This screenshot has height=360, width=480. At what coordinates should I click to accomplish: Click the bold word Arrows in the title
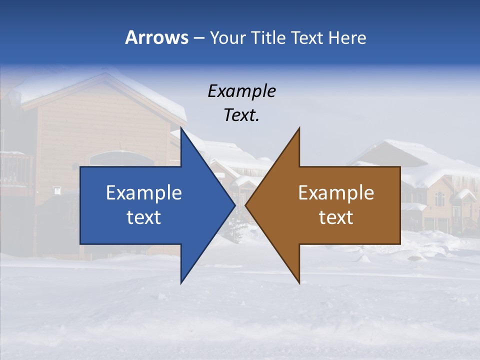156,37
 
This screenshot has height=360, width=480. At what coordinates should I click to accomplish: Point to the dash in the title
198,38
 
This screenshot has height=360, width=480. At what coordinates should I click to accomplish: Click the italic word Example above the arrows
241,91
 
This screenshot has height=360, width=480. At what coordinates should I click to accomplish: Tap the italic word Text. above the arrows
241,115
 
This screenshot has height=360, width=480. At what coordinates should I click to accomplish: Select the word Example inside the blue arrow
144,192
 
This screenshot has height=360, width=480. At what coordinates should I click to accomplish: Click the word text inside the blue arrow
144,217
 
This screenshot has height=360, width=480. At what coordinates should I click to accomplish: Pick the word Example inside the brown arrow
336,192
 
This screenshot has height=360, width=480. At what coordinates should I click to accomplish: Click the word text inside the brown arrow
336,217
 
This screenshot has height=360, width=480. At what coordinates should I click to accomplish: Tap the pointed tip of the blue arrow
234,205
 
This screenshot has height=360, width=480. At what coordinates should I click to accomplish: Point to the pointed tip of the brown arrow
246,205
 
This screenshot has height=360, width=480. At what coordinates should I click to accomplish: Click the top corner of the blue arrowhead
181,129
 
